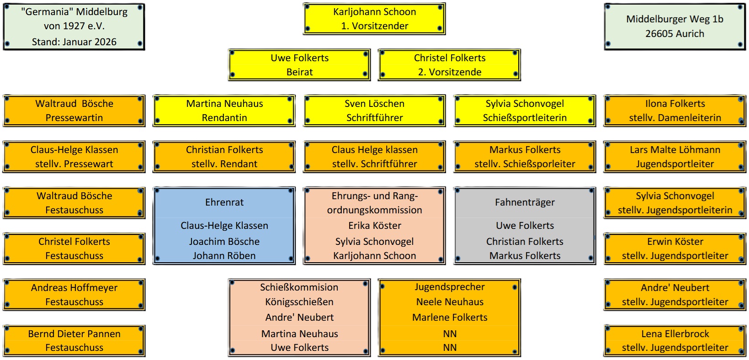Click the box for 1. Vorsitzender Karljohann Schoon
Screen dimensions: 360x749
pyautogui.click(x=374, y=19)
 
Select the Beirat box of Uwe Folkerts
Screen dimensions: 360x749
pyautogui.click(x=299, y=65)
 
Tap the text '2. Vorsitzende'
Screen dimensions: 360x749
pyautogui.click(x=450, y=72)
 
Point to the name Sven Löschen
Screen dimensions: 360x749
pyautogui.click(x=374, y=104)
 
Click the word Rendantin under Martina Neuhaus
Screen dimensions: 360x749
pyautogui.click(x=224, y=118)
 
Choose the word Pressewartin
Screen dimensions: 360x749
pyautogui.click(x=74, y=118)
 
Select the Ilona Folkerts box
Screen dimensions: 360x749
pyautogui.click(x=675, y=111)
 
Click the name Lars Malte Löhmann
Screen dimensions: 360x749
pyautogui.click(x=675, y=150)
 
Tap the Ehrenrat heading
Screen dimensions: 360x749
pyautogui.click(x=224, y=202)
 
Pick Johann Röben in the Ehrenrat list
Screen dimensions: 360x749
pyautogui.click(x=224, y=256)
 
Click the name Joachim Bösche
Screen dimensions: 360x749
pyautogui.click(x=224, y=242)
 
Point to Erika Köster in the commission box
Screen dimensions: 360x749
pyautogui.click(x=375, y=226)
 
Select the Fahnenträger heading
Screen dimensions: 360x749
pyautogui.click(x=525, y=202)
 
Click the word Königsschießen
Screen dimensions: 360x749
pyautogui.click(x=299, y=302)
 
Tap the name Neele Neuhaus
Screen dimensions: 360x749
pyautogui.click(x=450, y=302)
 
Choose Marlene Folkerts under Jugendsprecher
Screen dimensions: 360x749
pyautogui.click(x=450, y=318)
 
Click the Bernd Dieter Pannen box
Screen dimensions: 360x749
pyautogui.click(x=74, y=341)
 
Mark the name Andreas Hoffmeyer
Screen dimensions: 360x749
pyautogui.click(x=74, y=288)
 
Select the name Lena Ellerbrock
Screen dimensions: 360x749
pyautogui.click(x=675, y=334)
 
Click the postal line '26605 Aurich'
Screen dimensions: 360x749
pyautogui.click(x=675, y=34)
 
